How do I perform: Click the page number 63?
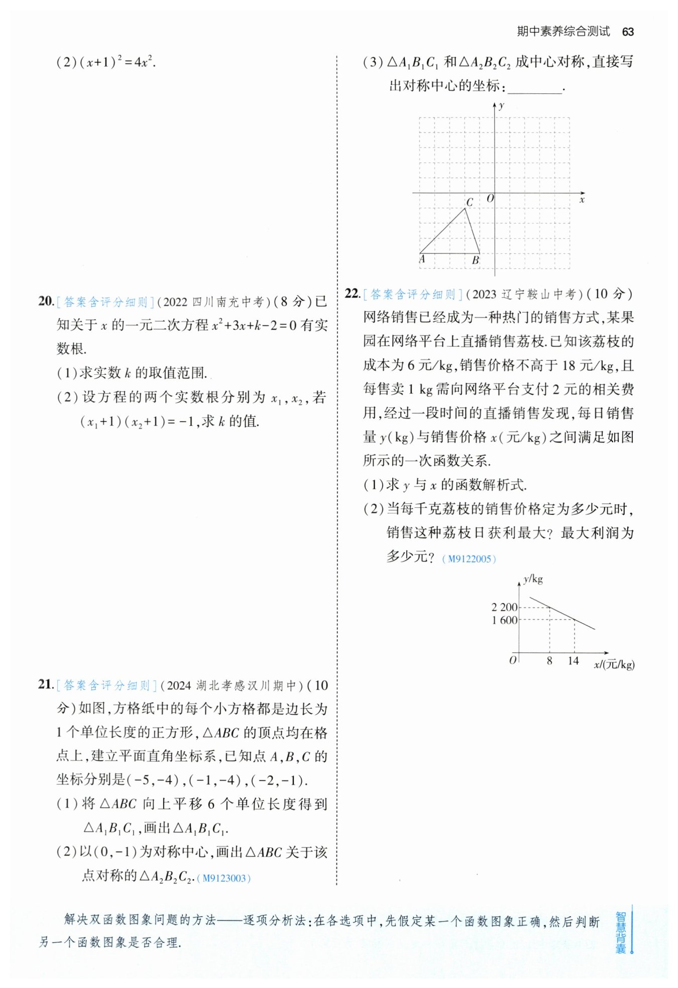pos(627,32)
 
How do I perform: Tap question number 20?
pos(46,301)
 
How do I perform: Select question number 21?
pos(46,684)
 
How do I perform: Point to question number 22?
pos(353,294)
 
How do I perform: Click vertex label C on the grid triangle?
pos(470,202)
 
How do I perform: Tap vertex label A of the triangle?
pos(422,259)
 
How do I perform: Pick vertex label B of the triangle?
pos(475,260)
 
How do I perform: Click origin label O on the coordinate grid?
pos(490,199)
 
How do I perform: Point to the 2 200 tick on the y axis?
pos(504,607)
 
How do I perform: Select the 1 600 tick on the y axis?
pos(504,620)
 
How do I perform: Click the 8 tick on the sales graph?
pos(549,661)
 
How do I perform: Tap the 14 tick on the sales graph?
pos(574,661)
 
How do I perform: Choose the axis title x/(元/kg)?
pos(614,664)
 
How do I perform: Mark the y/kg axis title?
pos(533,580)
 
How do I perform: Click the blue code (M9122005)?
pos(469,559)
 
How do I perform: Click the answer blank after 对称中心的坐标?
pos(535,87)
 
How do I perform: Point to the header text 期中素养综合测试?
pos(563,32)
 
